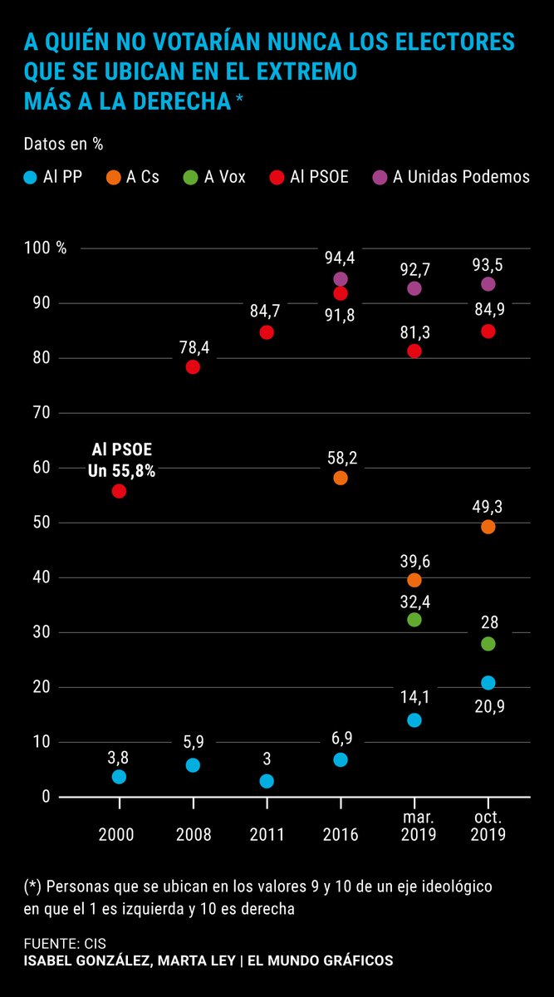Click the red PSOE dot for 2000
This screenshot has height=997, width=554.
point(119,491)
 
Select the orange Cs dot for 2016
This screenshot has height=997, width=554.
point(341,478)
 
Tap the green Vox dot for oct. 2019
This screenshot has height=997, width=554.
point(488,644)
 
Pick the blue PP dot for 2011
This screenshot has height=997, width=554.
point(267,781)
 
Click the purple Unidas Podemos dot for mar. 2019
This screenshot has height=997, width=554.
point(414,288)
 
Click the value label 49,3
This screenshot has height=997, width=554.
point(488,505)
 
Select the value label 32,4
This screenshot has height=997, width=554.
point(414,598)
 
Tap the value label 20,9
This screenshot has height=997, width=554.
point(488,706)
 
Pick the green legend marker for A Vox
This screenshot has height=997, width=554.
point(190,177)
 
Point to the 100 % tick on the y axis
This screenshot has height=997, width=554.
point(45,248)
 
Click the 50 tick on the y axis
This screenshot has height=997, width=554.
point(42,523)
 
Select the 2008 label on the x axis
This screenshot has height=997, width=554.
point(193,834)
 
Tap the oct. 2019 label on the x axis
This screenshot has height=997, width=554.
point(488,827)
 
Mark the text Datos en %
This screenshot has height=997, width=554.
point(63,143)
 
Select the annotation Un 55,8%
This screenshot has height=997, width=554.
point(122,470)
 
